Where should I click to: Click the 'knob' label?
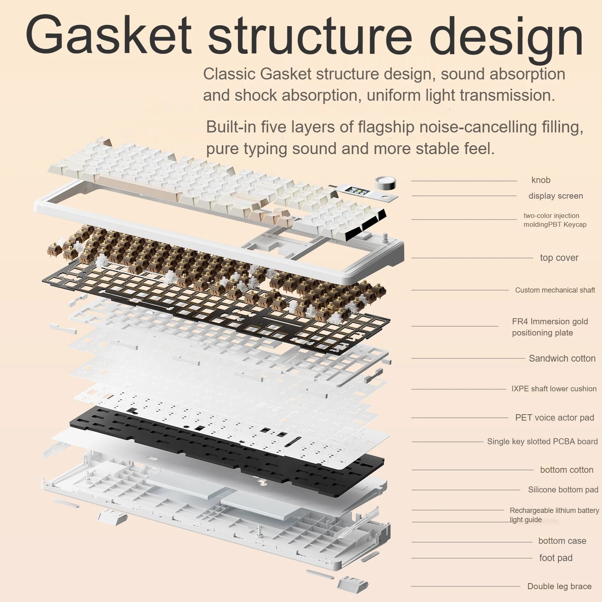(541, 180)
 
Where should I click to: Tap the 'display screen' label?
(555, 196)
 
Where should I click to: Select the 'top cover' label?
(559, 258)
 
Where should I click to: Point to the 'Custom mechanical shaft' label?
(555, 290)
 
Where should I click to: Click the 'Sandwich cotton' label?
(562, 358)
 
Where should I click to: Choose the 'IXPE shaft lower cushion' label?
(553, 388)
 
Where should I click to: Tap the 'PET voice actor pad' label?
(554, 417)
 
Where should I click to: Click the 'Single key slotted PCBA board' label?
(542, 441)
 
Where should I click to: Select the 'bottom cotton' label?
(566, 470)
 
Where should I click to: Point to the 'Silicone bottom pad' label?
(563, 490)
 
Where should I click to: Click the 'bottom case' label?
(562, 541)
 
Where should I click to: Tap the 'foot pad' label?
(555, 558)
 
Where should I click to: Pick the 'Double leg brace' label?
(559, 586)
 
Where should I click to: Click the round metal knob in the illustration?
(385, 183)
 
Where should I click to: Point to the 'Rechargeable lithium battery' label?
(554, 510)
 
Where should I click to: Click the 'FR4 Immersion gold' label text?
(549, 321)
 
